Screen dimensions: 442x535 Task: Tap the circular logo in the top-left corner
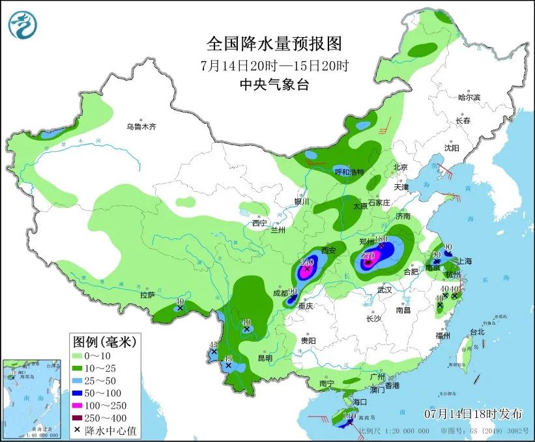[23, 24]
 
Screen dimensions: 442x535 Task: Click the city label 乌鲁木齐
[141, 127]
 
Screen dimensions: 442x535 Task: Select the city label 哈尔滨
[469, 98]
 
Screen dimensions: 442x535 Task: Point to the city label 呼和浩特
[349, 172]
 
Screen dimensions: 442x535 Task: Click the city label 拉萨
[148, 295]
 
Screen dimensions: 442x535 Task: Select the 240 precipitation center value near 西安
[308, 262]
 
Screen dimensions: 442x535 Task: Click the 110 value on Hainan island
[349, 415]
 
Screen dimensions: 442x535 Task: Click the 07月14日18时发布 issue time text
[473, 413]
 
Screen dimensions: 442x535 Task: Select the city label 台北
[477, 331]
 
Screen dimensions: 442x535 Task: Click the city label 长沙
[373, 318]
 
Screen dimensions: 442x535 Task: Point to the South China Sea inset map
[30, 397]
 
